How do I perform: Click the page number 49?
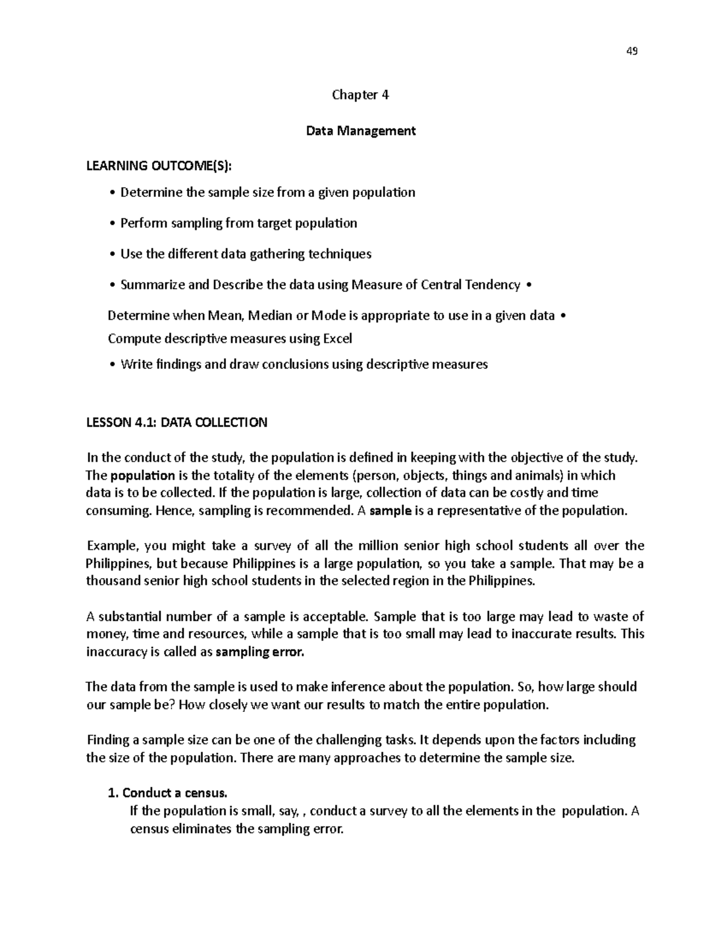coord(631,51)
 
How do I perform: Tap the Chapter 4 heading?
coord(360,95)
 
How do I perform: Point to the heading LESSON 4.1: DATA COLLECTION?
coord(176,422)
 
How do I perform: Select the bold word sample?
coord(390,510)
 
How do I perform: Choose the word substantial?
coord(130,617)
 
